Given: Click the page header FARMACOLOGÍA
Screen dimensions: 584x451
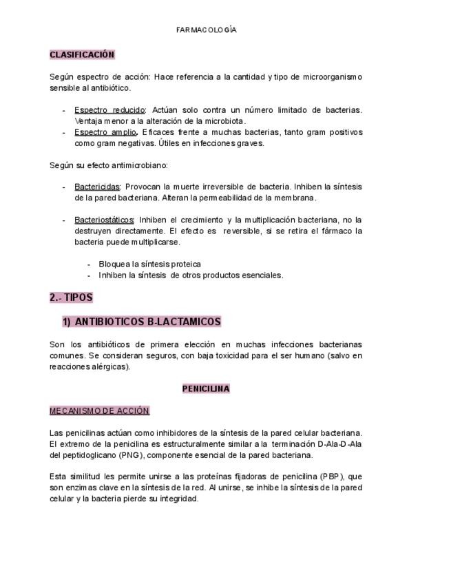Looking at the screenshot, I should coord(207,30).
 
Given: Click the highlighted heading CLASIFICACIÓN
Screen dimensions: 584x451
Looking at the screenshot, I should coord(82,54).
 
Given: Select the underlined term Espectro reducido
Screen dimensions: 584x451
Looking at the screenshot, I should coord(109,109).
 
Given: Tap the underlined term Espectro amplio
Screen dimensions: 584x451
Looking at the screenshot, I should coord(106,132).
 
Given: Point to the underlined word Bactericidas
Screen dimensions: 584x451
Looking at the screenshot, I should coord(97,187).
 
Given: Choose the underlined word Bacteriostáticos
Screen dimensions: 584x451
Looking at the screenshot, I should coord(104,220).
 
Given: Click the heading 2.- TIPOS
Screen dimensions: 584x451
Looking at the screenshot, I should coord(71,298).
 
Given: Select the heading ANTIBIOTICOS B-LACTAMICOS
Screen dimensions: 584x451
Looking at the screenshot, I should coord(147,322).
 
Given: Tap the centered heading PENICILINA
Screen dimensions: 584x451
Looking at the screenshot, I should coord(206,388).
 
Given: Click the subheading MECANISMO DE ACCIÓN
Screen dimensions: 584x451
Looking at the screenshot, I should coord(99,410).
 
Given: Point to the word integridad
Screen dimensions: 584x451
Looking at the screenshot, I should coord(178,499).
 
